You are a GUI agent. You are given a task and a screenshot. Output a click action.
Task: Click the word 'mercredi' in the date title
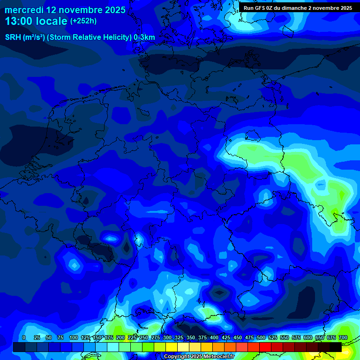click(x=24, y=10)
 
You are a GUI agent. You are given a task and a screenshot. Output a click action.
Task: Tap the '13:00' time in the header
click(x=18, y=21)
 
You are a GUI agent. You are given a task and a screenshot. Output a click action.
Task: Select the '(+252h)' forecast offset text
click(x=83, y=21)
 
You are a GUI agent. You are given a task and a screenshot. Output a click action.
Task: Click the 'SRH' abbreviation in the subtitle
click(x=13, y=37)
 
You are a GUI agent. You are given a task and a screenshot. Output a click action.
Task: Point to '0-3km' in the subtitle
click(x=144, y=37)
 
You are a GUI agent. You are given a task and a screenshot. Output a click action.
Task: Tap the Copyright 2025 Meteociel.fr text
click(x=199, y=357)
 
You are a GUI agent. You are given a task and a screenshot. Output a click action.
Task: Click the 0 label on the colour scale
click(x=24, y=337)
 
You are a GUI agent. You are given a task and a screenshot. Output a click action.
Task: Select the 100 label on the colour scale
click(x=74, y=337)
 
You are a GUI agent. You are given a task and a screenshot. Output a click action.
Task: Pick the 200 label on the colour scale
click(x=120, y=337)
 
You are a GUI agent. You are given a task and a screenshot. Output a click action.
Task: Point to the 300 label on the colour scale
click(x=167, y=337)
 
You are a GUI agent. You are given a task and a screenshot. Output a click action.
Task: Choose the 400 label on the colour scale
click(x=214, y=337)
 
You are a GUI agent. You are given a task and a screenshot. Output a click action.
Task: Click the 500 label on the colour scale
click(x=261, y=337)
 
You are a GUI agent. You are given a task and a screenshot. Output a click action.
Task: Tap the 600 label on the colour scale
click(x=308, y=337)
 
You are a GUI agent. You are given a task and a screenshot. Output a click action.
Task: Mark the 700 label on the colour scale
click(x=343, y=337)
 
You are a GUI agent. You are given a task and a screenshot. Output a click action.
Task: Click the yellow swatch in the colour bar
click(x=171, y=347)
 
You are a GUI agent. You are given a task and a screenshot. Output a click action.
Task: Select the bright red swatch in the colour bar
click(x=265, y=347)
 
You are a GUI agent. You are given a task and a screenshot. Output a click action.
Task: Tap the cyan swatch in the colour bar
click(x=112, y=347)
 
